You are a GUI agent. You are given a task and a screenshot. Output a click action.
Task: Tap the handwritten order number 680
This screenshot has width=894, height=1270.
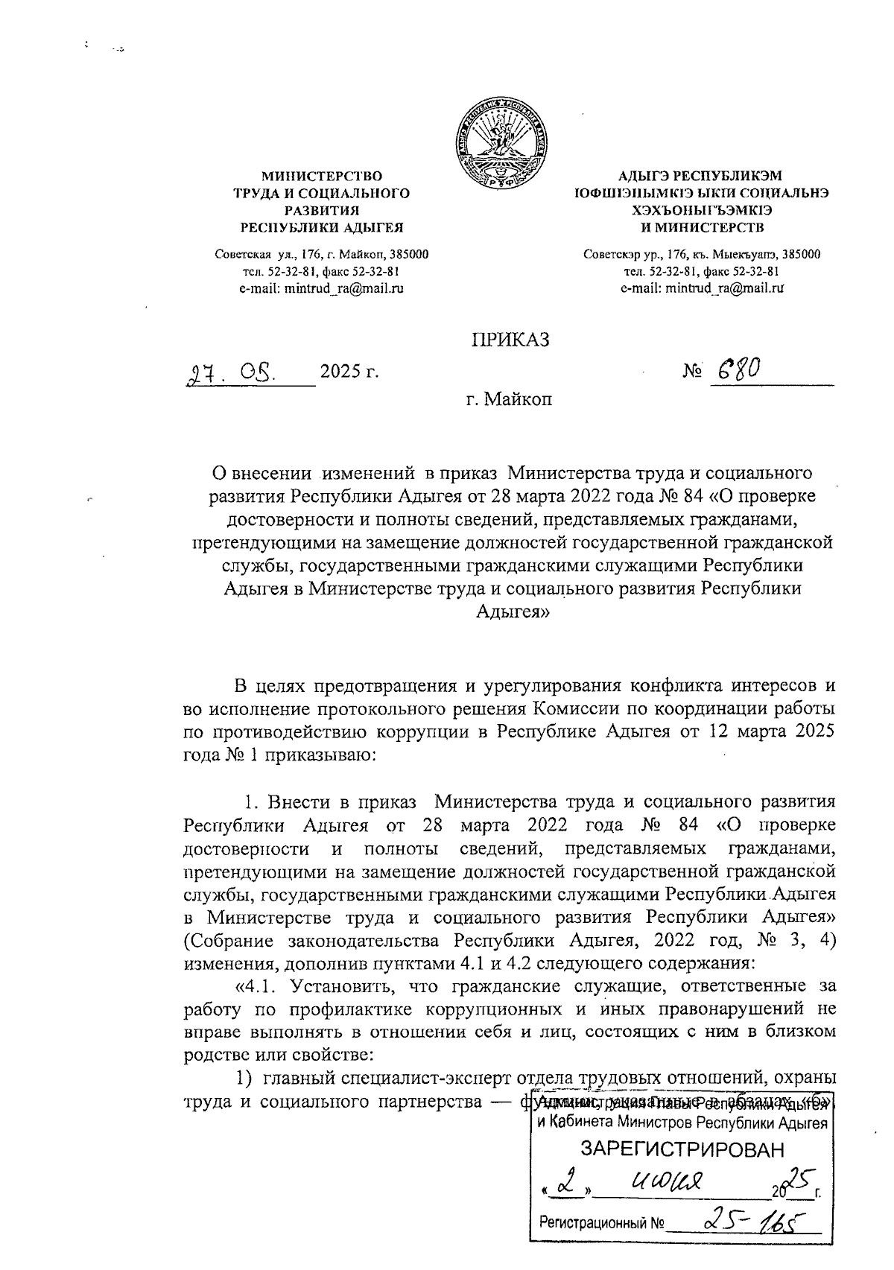[736, 369]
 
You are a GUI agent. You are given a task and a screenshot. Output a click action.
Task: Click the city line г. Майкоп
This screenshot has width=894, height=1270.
[509, 400]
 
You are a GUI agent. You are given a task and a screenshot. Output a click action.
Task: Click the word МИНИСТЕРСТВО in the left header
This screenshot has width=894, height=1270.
[321, 177]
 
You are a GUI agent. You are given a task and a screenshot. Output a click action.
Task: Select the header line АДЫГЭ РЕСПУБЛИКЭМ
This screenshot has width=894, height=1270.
[701, 177]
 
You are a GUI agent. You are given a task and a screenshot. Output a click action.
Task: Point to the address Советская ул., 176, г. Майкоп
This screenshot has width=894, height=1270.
[321, 255]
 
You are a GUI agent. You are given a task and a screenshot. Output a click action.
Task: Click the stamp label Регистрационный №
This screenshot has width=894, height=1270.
[601, 1222]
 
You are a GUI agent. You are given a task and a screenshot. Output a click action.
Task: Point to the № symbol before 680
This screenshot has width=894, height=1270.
[691, 371]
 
